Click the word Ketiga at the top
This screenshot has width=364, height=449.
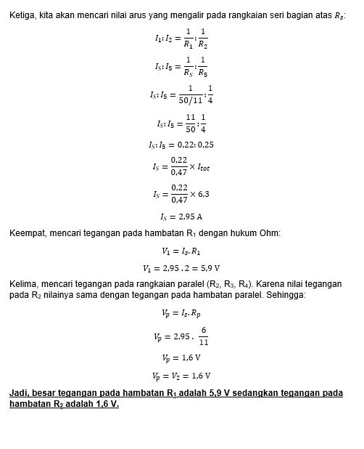22,15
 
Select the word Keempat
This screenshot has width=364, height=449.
28,232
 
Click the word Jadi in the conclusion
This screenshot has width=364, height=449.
18,393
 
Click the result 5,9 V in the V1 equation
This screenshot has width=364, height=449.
210,267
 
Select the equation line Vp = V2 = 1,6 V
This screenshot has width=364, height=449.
181,376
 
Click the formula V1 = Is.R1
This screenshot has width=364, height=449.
181,251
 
